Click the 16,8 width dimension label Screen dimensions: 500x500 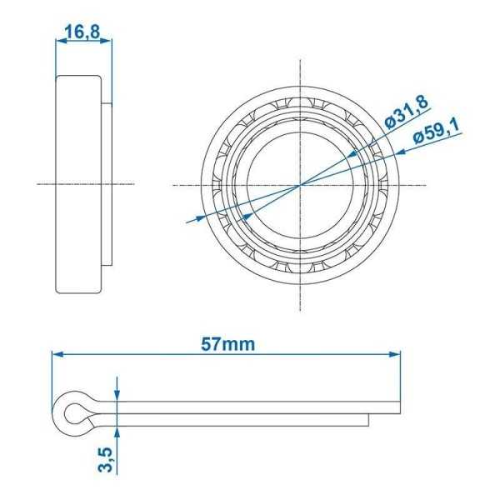coord(82,32)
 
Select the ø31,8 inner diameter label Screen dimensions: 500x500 coord(407,112)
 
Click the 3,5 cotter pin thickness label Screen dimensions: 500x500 coord(106,458)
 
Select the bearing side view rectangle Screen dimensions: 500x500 coord(78,183)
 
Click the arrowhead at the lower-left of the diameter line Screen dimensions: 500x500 coord(199,218)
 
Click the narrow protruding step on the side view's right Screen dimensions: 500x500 coord(105,183)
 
